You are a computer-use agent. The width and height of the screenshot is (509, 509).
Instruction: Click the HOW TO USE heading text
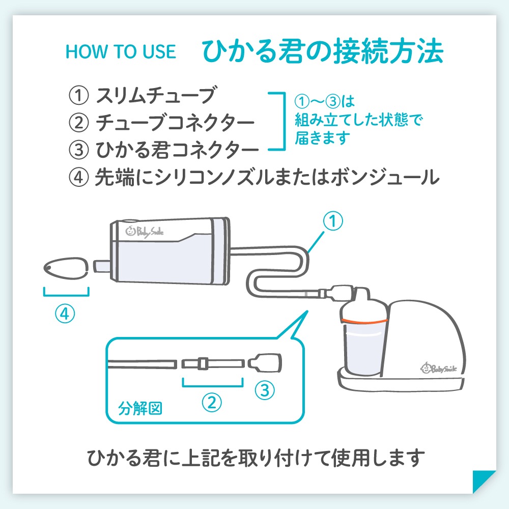[x=121, y=51]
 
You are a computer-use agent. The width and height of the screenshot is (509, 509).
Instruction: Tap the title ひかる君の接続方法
[x=323, y=51]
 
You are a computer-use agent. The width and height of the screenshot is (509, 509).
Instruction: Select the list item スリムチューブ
[x=155, y=95]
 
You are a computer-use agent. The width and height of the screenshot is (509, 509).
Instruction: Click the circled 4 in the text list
[x=78, y=177]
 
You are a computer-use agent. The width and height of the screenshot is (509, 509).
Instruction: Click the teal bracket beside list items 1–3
[x=284, y=122]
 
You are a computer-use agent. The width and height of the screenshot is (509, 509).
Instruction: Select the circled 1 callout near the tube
[x=333, y=221]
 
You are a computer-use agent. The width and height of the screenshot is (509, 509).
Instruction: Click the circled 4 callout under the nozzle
[x=65, y=314]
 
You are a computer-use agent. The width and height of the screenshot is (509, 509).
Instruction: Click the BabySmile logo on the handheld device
[x=145, y=232]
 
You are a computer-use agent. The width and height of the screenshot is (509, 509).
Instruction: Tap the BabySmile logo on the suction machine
[x=439, y=368]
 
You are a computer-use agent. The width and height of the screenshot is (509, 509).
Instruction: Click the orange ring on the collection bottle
[x=363, y=321]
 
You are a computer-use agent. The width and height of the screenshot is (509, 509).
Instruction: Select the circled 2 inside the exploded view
[x=212, y=403]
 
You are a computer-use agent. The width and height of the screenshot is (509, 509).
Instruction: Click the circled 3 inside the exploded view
[x=265, y=390]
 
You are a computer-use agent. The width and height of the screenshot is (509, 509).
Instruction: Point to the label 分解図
[x=140, y=408]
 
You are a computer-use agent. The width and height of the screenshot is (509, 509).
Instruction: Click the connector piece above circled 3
[x=265, y=362]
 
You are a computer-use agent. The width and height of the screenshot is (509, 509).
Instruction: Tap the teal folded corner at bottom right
[x=484, y=482]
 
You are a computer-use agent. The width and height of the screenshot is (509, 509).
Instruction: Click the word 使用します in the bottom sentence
[x=378, y=458]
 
